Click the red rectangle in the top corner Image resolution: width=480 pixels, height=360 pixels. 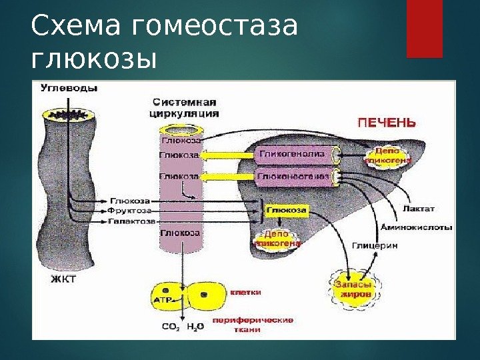click(x=425, y=29)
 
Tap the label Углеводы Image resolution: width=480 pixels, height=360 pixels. click(x=69, y=88)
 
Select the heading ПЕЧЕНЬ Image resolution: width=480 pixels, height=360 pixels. click(x=387, y=123)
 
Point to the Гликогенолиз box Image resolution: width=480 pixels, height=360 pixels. click(x=292, y=154)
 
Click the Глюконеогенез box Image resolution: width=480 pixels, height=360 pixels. click(x=292, y=177)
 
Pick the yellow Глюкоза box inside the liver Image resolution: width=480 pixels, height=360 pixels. click(x=287, y=210)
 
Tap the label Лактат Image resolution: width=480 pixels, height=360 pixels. click(x=418, y=209)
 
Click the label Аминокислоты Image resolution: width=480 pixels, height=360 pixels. click(x=416, y=227)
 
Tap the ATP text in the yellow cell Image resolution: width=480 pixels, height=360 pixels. click(x=163, y=300)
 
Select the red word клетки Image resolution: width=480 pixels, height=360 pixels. click(x=245, y=292)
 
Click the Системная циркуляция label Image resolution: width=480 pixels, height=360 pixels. click(x=185, y=108)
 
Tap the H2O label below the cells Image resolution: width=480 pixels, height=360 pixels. click(x=195, y=327)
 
